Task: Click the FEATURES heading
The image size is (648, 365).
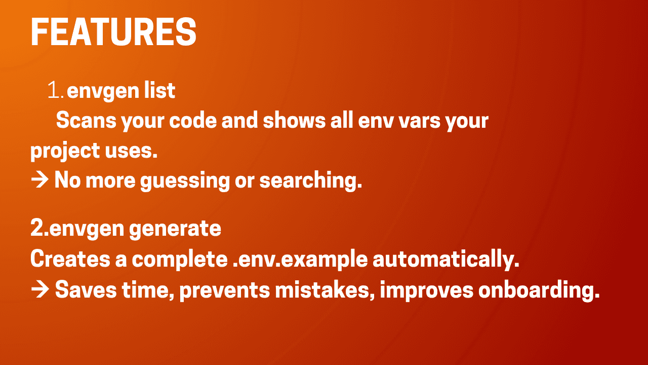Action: coord(113,32)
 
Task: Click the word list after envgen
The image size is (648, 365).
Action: coord(159,91)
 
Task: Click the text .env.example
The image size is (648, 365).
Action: coord(300,259)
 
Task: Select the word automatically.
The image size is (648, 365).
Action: coord(446,259)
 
